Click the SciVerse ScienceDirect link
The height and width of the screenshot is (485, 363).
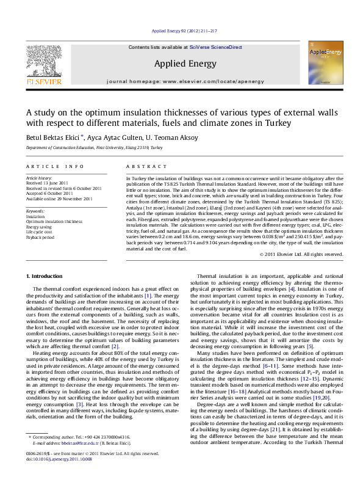point(216,47)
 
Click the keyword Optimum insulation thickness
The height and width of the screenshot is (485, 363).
point(54,221)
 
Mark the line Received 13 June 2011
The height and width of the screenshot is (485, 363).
point(46,183)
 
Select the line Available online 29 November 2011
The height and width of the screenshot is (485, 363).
point(59,199)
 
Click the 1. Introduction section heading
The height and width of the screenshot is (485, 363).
point(45,277)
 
